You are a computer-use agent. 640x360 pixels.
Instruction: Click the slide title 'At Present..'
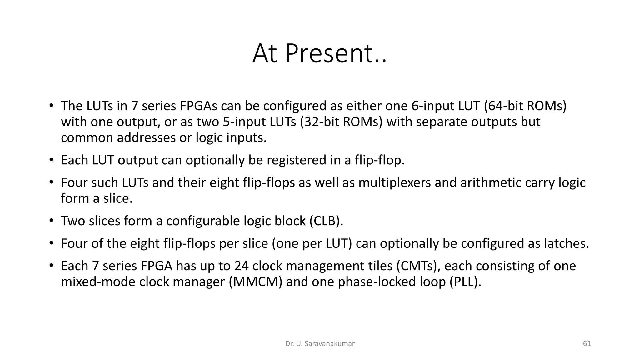point(319,53)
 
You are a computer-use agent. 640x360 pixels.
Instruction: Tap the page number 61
point(587,344)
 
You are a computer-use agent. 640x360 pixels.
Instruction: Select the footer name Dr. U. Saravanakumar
point(320,344)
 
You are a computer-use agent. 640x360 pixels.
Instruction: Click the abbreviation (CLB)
point(326,221)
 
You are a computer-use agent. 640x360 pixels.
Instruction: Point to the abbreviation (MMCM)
point(256,282)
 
